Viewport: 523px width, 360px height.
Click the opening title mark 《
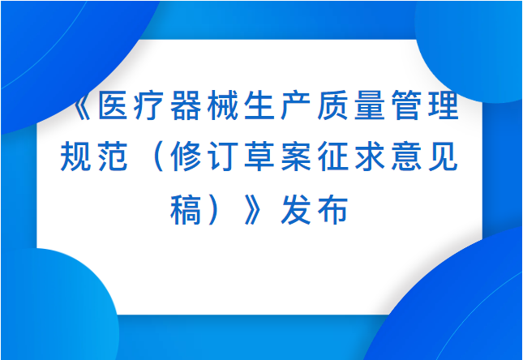(x=84, y=105)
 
